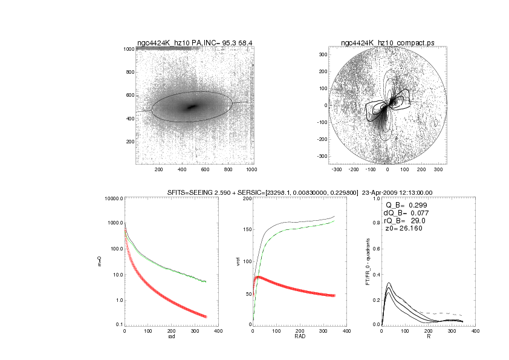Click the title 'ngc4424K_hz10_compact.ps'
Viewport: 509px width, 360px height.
(387, 42)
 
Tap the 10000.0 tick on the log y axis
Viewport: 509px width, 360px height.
(114, 198)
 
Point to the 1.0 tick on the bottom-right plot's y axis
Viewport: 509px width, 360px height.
(375, 198)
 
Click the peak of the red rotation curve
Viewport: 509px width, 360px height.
(258, 277)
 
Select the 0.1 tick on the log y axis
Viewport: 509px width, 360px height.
(118, 325)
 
